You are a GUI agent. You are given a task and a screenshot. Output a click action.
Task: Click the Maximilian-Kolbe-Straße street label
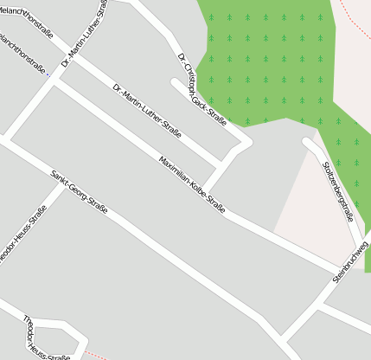tap(192, 184)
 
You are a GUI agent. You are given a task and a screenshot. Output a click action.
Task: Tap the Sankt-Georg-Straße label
tap(79, 192)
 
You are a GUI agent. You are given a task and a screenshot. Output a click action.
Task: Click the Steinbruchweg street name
tap(350, 261)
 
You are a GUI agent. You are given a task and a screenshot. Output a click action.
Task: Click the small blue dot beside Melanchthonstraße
tap(49, 75)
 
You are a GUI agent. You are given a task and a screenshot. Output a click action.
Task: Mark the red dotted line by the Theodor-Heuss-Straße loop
tap(97, 356)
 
